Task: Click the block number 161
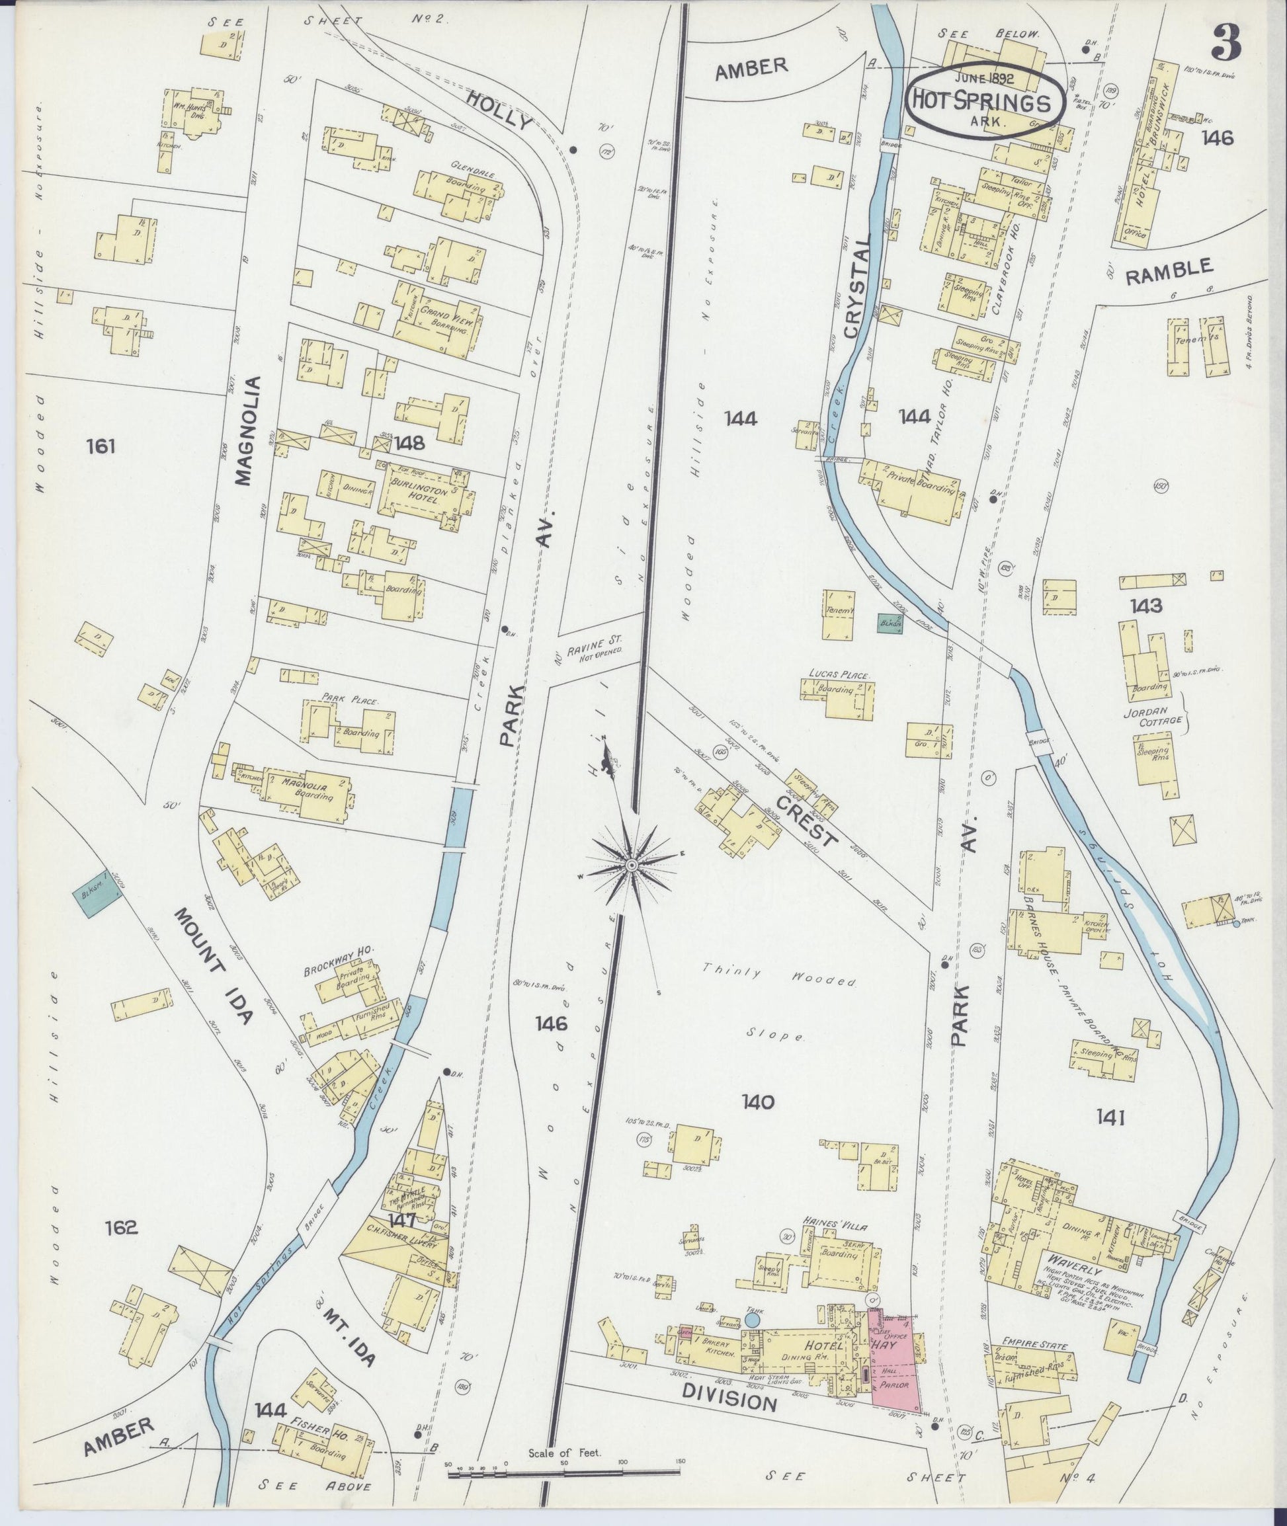tap(101, 445)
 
